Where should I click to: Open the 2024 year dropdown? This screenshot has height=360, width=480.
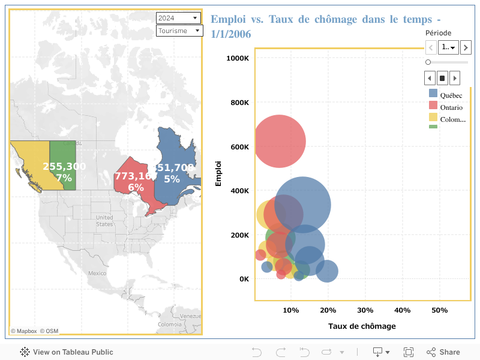pyautogui.click(x=179, y=18)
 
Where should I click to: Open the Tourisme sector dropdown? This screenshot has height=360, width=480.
pyautogui.click(x=179, y=31)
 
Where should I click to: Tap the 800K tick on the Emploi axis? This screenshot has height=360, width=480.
pyautogui.click(x=239, y=103)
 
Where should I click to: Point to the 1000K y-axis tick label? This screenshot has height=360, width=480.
pyautogui.click(x=238, y=58)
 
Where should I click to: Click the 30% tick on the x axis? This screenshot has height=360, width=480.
pyautogui.click(x=365, y=310)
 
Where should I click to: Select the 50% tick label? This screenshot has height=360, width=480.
pyautogui.click(x=440, y=310)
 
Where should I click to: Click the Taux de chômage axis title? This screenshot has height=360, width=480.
pyautogui.click(x=362, y=326)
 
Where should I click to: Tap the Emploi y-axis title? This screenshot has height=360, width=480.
pyautogui.click(x=218, y=173)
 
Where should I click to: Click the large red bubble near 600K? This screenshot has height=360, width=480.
pyautogui.click(x=279, y=142)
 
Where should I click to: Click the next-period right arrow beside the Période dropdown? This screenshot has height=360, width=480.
pyautogui.click(x=466, y=47)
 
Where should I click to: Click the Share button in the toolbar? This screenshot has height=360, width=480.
pyautogui.click(x=443, y=352)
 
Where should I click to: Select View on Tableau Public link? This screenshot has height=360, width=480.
pyautogui.click(x=67, y=352)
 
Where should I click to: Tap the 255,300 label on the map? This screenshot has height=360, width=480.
pyautogui.click(x=64, y=166)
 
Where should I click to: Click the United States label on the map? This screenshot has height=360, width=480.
pyautogui.click(x=104, y=220)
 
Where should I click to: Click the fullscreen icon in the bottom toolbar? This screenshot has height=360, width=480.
pyautogui.click(x=409, y=352)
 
